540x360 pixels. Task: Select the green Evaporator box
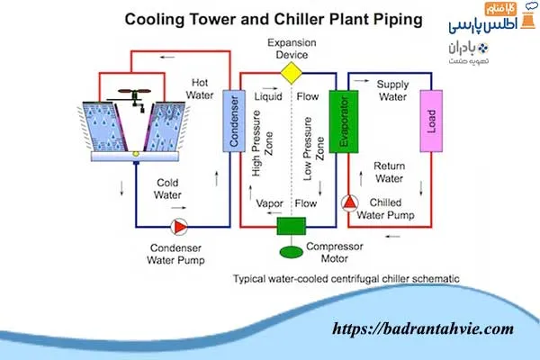338,121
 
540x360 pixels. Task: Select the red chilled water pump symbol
349,203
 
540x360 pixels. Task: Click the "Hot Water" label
200,88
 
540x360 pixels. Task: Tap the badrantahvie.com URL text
424,329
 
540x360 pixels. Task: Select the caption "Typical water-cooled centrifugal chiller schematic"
346,279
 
